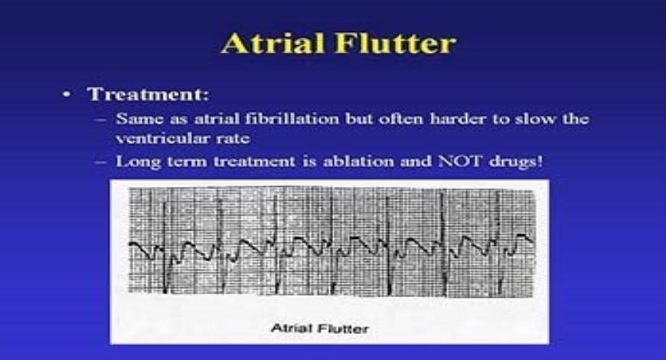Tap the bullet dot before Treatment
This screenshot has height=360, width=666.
click(x=68, y=95)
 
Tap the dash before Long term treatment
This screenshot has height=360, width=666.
click(x=106, y=162)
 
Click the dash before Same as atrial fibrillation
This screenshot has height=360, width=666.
click(x=106, y=120)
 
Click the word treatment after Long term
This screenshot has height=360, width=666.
click(x=238, y=162)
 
